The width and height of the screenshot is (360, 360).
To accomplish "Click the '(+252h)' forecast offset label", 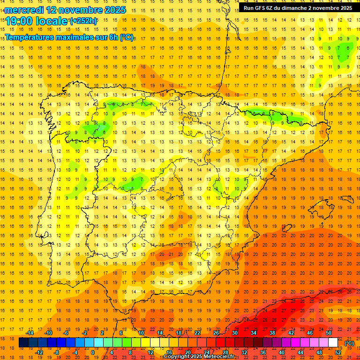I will (x=83, y=21).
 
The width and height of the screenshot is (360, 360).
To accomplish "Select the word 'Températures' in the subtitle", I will (x=30, y=37).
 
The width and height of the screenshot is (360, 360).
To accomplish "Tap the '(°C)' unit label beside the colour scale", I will (x=350, y=343).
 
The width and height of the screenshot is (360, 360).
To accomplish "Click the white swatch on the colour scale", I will (x=333, y=343).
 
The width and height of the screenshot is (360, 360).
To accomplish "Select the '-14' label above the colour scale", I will (x=30, y=332).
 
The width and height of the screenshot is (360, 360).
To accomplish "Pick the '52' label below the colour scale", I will (x=338, y=352).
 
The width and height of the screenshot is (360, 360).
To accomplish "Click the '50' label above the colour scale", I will (x=329, y=332).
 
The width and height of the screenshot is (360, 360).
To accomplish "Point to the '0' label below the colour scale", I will (x=93, y=352).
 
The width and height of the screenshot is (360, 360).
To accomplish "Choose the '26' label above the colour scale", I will (x=216, y=332).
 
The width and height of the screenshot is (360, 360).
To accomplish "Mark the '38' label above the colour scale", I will (x=272, y=332).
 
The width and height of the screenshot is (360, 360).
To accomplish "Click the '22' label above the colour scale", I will (x=197, y=332).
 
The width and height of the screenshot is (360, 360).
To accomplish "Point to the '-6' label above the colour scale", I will (x=67, y=332).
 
